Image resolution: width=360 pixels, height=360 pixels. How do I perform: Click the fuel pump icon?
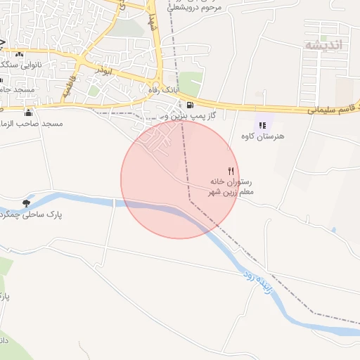(191, 104)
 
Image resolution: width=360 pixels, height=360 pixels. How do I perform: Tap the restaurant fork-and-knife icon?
(230, 171)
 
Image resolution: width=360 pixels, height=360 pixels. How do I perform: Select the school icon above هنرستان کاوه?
(262, 125)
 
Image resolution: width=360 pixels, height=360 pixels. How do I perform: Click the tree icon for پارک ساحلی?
(27, 202)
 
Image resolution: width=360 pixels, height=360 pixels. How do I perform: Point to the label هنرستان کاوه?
(262, 136)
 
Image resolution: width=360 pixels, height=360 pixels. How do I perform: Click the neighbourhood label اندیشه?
(323, 45)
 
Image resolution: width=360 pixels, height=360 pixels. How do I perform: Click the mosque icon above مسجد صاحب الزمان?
(29, 112)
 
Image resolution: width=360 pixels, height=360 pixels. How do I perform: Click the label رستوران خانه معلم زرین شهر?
(231, 186)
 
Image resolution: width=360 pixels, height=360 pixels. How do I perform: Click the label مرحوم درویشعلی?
(194, 7)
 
